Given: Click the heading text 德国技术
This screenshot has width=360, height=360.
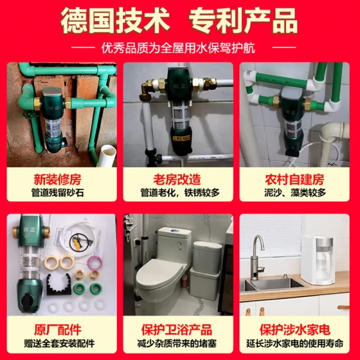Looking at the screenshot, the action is coord(115,20).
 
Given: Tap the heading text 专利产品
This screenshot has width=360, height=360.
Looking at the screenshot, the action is coord(243,20).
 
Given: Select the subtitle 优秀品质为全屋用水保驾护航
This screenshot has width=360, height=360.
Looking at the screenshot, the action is coord(178,48).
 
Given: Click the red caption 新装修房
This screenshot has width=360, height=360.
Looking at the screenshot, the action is coord(58,179).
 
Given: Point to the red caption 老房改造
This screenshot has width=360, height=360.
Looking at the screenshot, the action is coord(177,179).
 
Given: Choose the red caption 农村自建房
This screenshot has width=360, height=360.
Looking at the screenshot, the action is coord(295,179).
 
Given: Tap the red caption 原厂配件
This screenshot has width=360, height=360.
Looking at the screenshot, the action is coord(58,329).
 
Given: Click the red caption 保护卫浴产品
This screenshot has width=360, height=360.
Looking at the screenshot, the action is coord(176,329).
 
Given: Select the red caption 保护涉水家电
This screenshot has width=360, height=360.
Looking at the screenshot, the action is coord(295,329).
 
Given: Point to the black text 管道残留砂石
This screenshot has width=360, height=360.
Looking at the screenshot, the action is coord(58,193).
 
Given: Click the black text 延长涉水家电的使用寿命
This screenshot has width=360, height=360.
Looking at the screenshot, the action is coord(295,343).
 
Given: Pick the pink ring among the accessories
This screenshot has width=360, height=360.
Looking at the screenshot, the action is coord(95,263).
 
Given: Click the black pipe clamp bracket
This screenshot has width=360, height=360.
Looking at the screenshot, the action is coord(59,284).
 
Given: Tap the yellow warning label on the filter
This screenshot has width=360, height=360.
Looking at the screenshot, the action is coord(181,138).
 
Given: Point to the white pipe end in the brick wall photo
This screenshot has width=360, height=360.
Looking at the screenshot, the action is coord(107,155).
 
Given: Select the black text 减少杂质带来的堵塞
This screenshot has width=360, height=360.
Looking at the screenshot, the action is coord(177,343).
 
